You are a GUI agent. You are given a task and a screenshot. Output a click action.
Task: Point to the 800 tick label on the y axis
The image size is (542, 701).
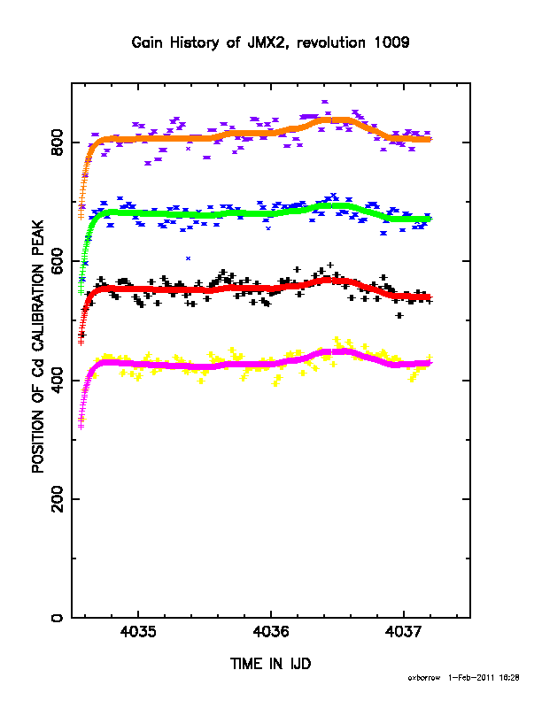click(58, 143)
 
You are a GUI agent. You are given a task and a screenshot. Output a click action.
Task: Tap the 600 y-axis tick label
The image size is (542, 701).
click(58, 261)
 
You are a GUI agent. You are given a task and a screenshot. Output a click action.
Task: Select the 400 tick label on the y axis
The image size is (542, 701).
click(58, 380)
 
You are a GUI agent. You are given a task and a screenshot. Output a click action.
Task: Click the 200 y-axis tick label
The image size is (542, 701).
click(58, 499)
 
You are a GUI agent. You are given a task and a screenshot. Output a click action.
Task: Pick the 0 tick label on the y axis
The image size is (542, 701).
click(58, 618)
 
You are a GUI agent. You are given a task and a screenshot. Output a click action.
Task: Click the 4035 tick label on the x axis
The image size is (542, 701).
click(138, 632)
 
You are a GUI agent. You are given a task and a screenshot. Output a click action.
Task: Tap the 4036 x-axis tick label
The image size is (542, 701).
click(270, 632)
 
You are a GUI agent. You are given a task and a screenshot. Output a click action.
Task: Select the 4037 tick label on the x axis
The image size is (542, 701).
click(403, 632)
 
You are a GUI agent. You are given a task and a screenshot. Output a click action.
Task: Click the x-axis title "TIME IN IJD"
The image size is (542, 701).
click(270, 664)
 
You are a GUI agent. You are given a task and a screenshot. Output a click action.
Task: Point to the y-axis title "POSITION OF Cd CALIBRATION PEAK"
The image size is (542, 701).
click(38, 346)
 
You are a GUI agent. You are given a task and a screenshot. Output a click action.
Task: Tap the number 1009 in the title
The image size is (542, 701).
click(391, 42)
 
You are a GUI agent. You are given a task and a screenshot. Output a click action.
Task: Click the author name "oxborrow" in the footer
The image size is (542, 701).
click(424, 678)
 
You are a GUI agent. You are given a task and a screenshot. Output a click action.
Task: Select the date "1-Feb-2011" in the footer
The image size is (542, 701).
click(471, 678)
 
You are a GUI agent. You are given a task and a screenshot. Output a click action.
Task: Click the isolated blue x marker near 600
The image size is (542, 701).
click(189, 258)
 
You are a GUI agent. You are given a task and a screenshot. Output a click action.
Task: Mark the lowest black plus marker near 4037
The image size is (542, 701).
click(399, 316)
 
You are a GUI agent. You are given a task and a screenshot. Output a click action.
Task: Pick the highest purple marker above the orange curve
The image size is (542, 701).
click(325, 102)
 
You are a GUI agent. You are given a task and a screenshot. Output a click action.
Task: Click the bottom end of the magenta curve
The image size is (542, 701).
click(81, 427)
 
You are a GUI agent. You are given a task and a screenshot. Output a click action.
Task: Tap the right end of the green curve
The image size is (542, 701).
click(430, 220)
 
